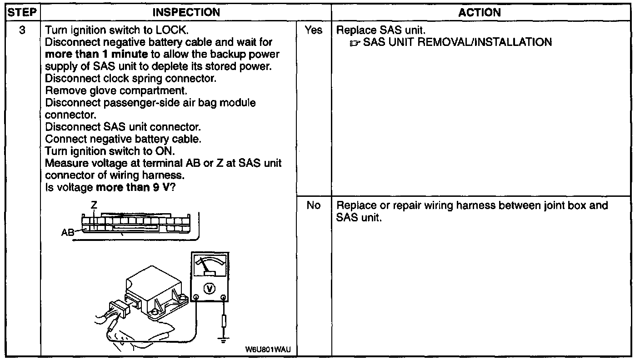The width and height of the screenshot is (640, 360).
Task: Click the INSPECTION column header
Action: coord(186,12)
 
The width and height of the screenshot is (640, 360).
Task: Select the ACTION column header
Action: coord(480,12)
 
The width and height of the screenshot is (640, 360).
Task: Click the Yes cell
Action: coord(314,30)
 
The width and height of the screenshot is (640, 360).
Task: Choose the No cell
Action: coord(314,205)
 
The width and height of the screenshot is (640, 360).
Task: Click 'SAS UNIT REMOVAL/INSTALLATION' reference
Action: coord(457,43)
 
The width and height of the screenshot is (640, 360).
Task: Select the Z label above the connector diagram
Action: coord(94,205)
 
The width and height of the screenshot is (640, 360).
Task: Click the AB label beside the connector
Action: coord(68,233)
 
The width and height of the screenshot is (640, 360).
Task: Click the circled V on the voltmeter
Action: coord(210,289)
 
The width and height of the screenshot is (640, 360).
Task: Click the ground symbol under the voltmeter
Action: coord(223,339)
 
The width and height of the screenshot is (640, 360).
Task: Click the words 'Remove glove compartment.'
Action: coord(116,90)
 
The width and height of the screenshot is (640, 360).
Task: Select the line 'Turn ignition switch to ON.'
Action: coord(107,151)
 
